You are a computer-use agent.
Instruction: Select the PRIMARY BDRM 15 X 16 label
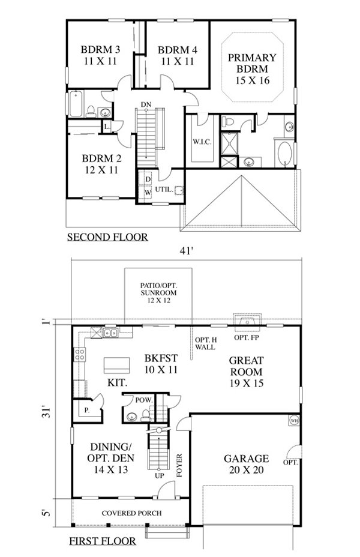251,68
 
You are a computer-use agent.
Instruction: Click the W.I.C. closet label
200,142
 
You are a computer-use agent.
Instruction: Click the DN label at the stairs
146,104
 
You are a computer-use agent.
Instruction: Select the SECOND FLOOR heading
107,237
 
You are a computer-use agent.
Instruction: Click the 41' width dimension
185,251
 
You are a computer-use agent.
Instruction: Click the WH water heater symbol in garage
294,420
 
